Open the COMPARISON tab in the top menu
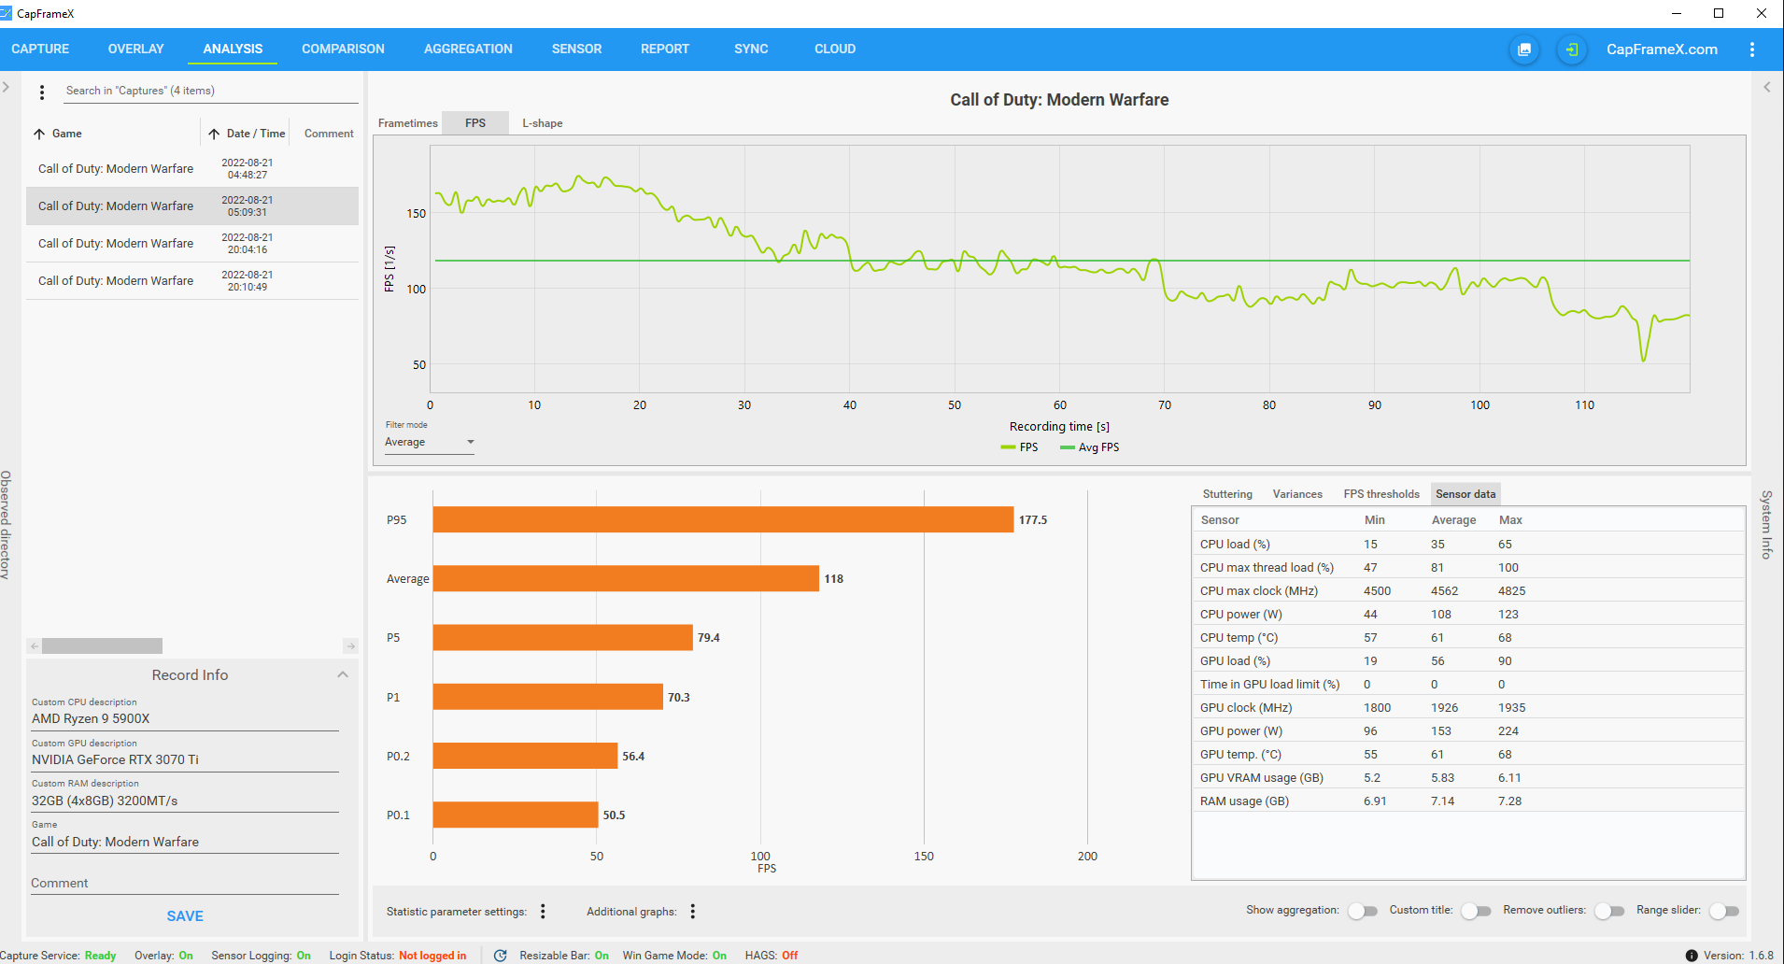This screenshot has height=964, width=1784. (343, 49)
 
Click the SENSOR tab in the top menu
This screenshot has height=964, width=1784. (576, 49)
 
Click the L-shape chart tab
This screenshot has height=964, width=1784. (542, 123)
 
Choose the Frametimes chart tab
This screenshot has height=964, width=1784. (407, 123)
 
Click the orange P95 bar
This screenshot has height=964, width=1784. (723, 519)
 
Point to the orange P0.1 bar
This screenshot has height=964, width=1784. (515, 815)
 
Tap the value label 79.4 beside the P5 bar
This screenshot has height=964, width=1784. (709, 638)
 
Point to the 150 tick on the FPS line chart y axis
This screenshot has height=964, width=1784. (417, 214)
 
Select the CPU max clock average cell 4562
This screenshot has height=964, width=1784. (1444, 591)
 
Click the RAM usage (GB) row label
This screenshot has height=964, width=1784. (1244, 801)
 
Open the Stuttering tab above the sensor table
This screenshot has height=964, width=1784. (1227, 494)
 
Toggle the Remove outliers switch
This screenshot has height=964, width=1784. (1609, 911)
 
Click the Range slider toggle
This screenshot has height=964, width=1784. (1724, 911)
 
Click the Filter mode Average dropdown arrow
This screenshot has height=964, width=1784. (471, 442)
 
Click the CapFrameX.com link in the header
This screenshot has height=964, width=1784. (1662, 50)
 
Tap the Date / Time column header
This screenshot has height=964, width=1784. (255, 134)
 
